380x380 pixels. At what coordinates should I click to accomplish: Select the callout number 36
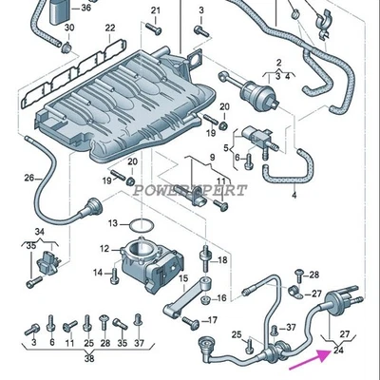pos(86,9)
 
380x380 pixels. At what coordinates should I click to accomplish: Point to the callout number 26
pos(28,178)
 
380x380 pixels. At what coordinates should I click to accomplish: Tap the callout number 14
pos(98,273)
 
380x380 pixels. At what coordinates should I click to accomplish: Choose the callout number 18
pos(223,259)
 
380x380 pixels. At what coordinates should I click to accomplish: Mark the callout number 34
pos(39,232)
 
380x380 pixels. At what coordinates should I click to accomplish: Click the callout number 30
pos(68,28)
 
